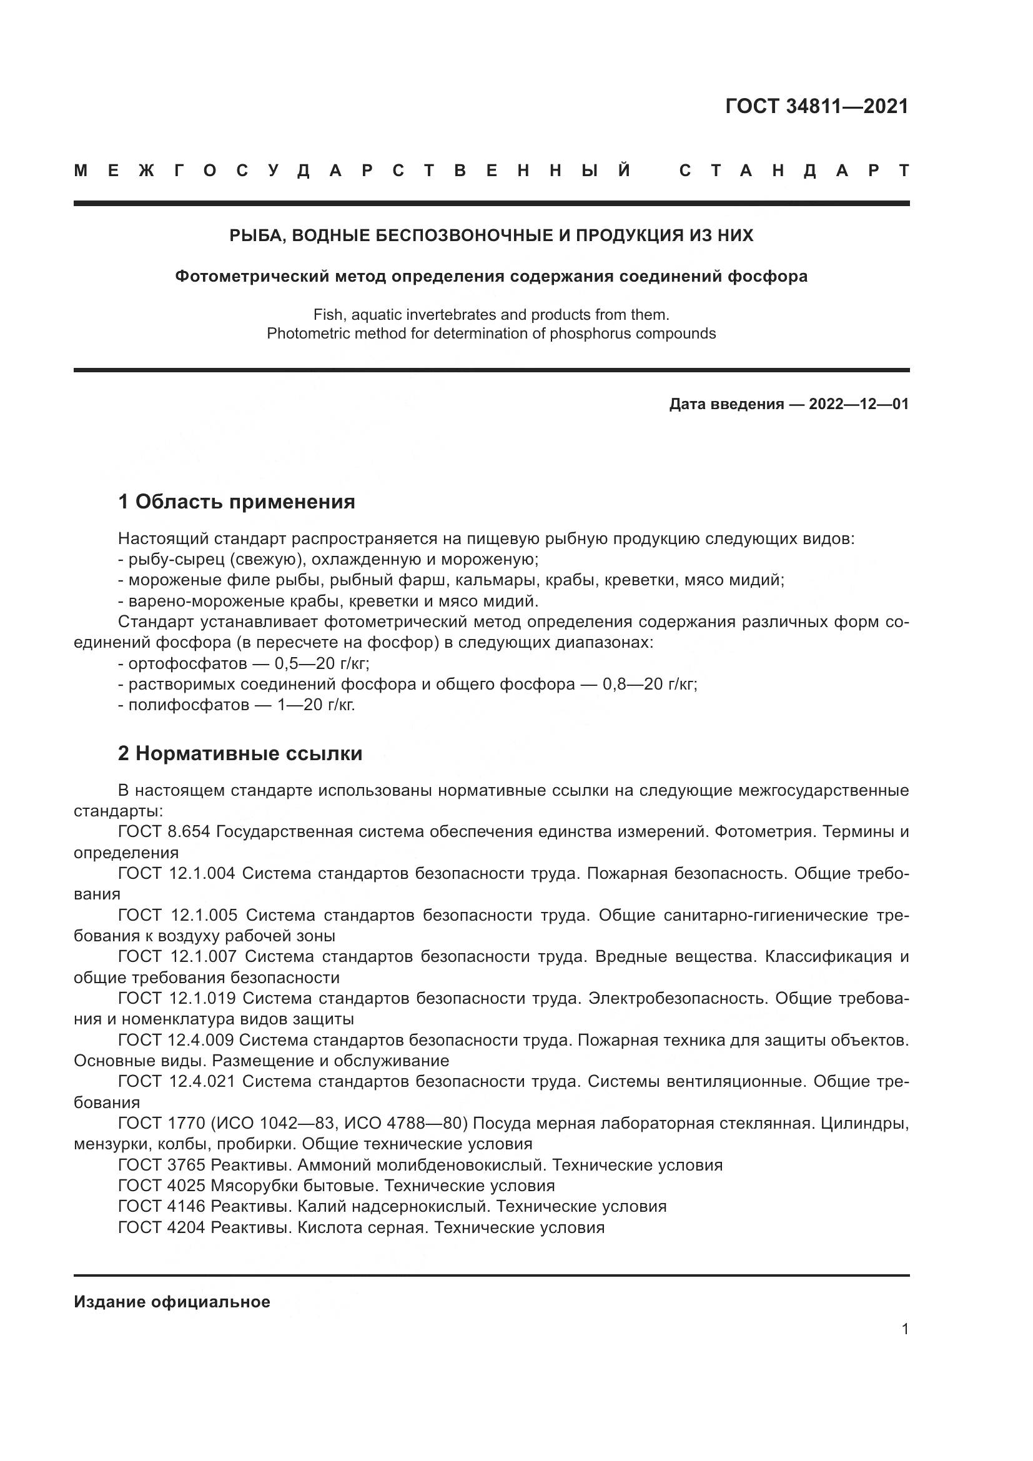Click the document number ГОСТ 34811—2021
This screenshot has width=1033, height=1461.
[x=817, y=106]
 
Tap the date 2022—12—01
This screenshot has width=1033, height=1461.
[x=858, y=404]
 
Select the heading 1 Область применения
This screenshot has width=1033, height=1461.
[x=236, y=502]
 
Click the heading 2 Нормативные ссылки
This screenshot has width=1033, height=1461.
[x=240, y=753]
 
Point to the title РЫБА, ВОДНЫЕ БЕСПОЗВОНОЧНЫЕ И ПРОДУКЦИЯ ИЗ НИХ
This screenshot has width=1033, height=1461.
[x=491, y=235]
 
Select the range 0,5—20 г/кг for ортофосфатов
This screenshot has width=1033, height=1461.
[x=322, y=664]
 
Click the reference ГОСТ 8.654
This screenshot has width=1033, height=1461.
[x=164, y=831]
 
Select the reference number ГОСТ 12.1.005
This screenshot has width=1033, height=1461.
[x=177, y=915]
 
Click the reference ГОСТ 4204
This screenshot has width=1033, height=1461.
[x=162, y=1227]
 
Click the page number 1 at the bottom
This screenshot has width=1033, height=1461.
[x=904, y=1329]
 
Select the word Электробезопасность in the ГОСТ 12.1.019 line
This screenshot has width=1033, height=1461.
[x=677, y=998]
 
